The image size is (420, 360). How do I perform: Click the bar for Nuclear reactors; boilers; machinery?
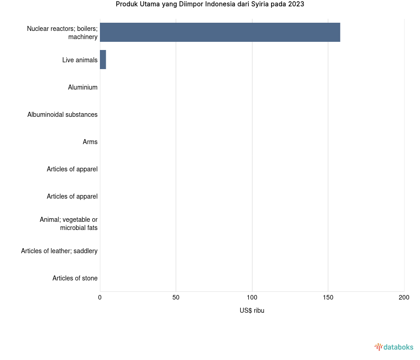tap(220, 32)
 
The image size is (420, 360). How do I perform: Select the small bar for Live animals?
tap(103, 60)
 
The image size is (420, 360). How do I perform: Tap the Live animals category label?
tap(80, 60)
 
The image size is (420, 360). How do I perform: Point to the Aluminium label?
tap(83, 87)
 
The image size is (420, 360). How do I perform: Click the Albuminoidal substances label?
tap(62, 115)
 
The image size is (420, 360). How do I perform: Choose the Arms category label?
tap(90, 142)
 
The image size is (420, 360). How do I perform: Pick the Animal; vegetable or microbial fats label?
tap(69, 224)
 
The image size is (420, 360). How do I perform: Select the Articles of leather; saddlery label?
tap(59, 251)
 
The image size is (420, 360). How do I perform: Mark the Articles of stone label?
tap(75, 278)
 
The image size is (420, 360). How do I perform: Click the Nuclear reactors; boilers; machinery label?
tap(62, 33)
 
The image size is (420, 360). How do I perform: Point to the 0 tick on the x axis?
tap(100, 297)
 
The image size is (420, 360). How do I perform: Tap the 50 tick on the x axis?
tap(176, 297)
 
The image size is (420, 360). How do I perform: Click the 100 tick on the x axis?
tap(252, 297)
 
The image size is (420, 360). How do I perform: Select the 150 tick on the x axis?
tap(328, 297)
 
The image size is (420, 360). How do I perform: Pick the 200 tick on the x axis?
tap(404, 297)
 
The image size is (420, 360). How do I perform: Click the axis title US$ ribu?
tap(252, 310)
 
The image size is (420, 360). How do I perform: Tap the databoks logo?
tap(394, 347)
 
